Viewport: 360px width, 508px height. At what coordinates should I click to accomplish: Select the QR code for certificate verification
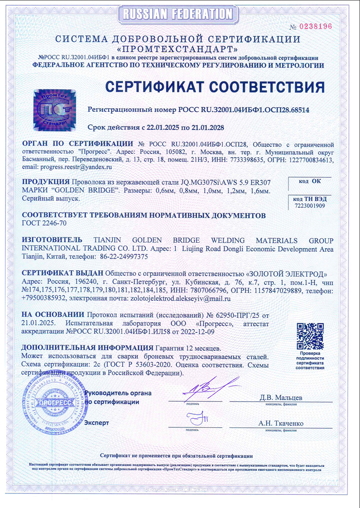click(310, 336)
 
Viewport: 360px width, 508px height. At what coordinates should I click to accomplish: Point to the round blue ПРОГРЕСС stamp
click(53, 402)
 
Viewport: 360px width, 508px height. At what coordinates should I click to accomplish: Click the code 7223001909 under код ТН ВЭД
click(310, 206)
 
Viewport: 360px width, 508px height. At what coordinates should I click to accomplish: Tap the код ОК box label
click(310, 181)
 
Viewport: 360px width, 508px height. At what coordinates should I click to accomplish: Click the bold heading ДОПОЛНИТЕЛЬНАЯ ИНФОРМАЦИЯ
click(87, 348)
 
